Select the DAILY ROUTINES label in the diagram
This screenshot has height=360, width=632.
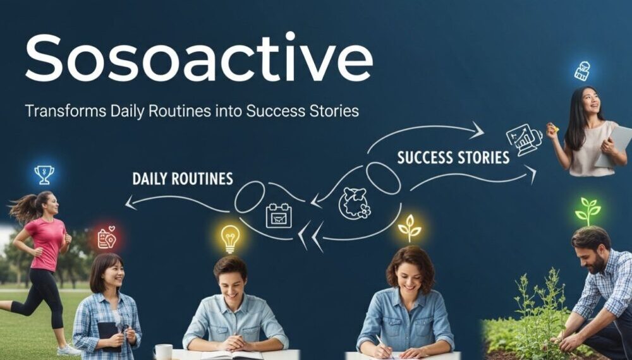[x=183, y=179]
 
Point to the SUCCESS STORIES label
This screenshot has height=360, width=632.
[x=453, y=157]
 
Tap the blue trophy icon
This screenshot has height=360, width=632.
[x=44, y=174]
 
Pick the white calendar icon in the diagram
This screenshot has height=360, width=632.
[x=278, y=215]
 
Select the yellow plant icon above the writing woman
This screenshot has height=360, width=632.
[x=410, y=227]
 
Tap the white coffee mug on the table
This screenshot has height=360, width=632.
[x=163, y=352]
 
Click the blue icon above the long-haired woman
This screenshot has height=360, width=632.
[x=582, y=71]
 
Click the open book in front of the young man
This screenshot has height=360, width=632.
[x=224, y=354]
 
